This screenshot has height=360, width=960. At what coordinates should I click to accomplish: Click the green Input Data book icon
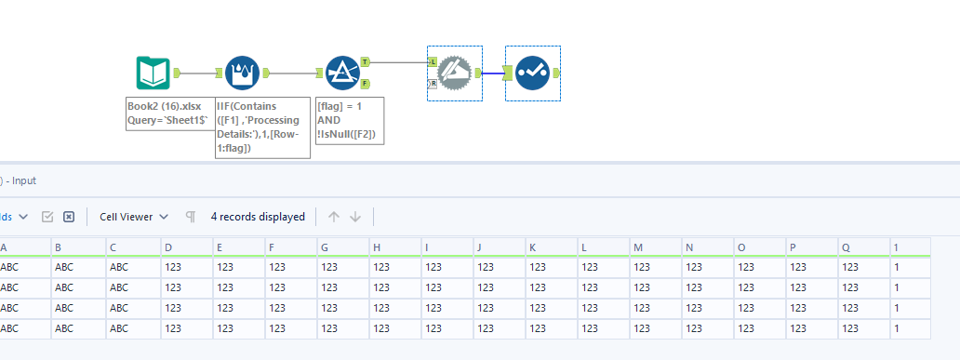(153, 73)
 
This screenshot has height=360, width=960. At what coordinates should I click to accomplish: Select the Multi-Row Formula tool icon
(241, 73)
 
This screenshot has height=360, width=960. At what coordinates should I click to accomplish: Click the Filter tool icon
(342, 73)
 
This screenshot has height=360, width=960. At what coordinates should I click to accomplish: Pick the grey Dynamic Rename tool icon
(454, 73)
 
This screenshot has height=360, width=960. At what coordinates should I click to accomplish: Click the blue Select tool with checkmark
(532, 73)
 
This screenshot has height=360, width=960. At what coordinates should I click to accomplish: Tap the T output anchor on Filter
(365, 61)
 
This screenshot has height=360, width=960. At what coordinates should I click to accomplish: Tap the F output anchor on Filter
(365, 84)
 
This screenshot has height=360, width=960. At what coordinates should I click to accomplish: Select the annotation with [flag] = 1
(351, 121)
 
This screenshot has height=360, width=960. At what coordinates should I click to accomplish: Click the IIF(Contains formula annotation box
(262, 127)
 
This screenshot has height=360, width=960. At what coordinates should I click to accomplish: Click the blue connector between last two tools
(493, 73)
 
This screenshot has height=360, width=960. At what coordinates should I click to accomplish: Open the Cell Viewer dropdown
(134, 217)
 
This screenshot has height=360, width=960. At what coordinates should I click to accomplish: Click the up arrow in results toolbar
(332, 217)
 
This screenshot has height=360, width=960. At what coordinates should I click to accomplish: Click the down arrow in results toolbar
(354, 217)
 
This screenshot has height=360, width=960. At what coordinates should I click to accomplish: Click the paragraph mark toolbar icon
(191, 217)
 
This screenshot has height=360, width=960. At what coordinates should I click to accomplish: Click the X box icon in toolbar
(69, 217)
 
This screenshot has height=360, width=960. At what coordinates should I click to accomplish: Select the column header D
(167, 247)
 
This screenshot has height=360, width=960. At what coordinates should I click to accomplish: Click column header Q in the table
(846, 247)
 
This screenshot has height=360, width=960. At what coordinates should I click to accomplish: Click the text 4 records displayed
(258, 217)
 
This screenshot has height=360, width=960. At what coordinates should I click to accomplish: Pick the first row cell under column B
(64, 267)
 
